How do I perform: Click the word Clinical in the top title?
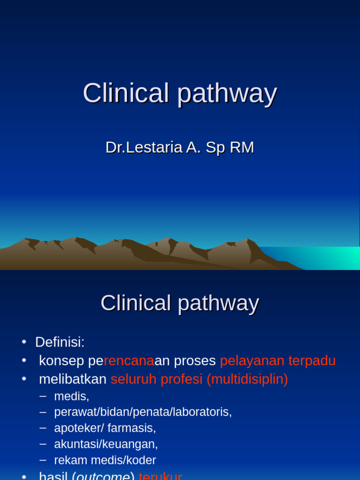[125, 93]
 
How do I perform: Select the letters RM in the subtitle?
[241, 148]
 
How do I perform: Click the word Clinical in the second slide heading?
[135, 303]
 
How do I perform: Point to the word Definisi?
[60, 342]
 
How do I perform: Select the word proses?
[195, 361]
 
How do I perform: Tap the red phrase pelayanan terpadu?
[277, 361]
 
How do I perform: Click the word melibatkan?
[73, 379]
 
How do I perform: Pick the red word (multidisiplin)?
[247, 379]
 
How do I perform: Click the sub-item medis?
[71, 397]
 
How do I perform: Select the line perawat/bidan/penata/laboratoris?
[142, 412]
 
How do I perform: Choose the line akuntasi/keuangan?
[106, 444]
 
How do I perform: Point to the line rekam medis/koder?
[105, 460]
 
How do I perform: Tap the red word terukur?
[160, 476]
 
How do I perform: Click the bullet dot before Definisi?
[24, 343]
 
